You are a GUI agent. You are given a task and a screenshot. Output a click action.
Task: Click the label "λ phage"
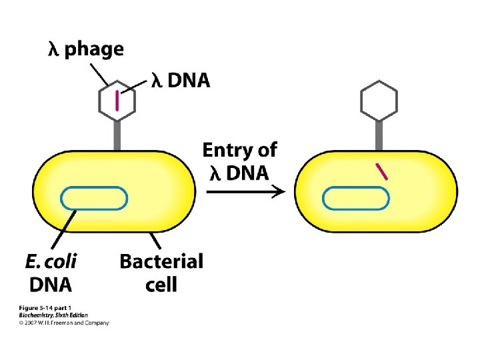[85, 49]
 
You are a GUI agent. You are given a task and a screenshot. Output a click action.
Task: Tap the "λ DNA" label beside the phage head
[180, 81]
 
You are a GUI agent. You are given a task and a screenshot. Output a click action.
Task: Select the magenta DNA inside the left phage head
[117, 100]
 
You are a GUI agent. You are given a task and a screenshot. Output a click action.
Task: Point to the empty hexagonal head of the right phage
[379, 101]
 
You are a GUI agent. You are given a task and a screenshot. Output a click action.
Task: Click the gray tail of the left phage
[117, 136]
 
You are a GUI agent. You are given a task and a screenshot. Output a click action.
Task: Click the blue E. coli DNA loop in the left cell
[94, 198]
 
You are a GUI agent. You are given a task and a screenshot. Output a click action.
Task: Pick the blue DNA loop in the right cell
[355, 198]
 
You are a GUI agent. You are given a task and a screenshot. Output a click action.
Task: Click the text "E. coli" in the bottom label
[51, 262]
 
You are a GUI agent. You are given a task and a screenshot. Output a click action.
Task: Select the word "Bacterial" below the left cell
[161, 261]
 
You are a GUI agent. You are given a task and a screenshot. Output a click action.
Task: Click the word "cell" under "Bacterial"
[161, 285]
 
